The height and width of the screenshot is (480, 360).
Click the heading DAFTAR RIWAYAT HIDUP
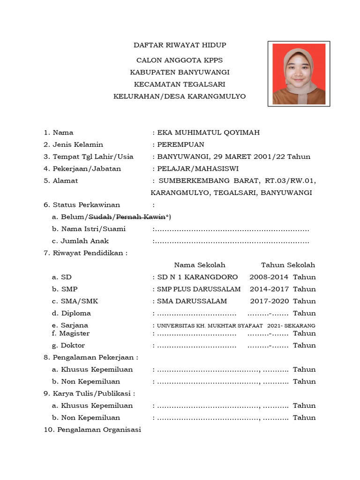pos(180,45)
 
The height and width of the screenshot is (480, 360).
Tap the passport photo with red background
pos(299,74)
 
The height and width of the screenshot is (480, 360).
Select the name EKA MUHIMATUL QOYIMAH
pos(208,133)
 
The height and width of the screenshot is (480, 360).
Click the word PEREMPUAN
pos(180,144)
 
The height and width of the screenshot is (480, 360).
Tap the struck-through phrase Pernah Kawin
pos(141,217)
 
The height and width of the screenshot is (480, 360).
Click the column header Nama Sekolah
pos(200,265)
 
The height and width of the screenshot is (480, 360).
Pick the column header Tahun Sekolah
pos(288,265)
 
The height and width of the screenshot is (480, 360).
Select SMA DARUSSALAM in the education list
pos(192,301)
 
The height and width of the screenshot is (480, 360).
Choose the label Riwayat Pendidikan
pos(90,253)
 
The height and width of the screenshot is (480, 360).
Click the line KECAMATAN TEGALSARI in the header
pos(180,84)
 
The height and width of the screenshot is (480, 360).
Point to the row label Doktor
pos(73,345)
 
